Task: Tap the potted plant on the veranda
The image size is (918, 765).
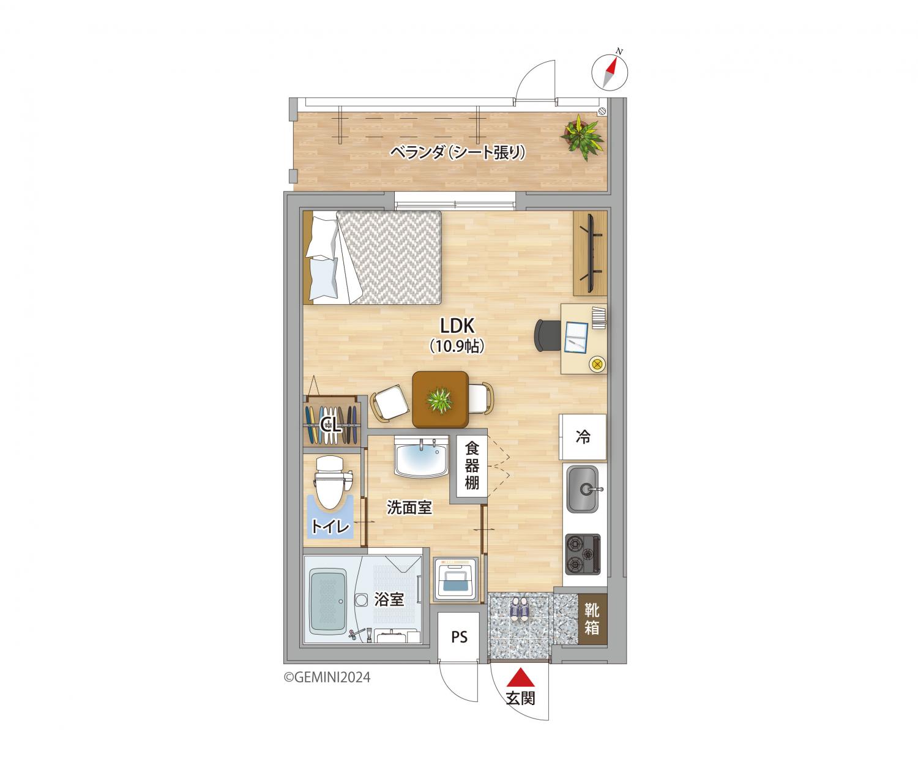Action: [581, 136]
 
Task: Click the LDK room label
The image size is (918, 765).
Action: [457, 326]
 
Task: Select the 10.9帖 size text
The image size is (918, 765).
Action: [457, 346]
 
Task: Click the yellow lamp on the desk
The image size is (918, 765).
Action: [597, 364]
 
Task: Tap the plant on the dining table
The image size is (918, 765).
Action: [439, 400]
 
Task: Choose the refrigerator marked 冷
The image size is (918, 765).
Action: [583, 437]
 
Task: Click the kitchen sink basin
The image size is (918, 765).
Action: [582, 489]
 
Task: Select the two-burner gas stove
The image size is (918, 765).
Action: [583, 554]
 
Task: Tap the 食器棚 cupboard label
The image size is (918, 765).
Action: [472, 466]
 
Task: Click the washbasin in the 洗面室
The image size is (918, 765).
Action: [421, 457]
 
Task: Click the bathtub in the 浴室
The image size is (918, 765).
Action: [329, 601]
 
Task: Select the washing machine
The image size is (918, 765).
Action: [455, 578]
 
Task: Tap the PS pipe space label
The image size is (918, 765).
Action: [460, 636]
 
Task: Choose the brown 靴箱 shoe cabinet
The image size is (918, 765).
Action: [592, 619]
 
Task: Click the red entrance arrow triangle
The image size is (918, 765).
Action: [521, 677]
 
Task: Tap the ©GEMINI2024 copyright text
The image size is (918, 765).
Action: [327, 677]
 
